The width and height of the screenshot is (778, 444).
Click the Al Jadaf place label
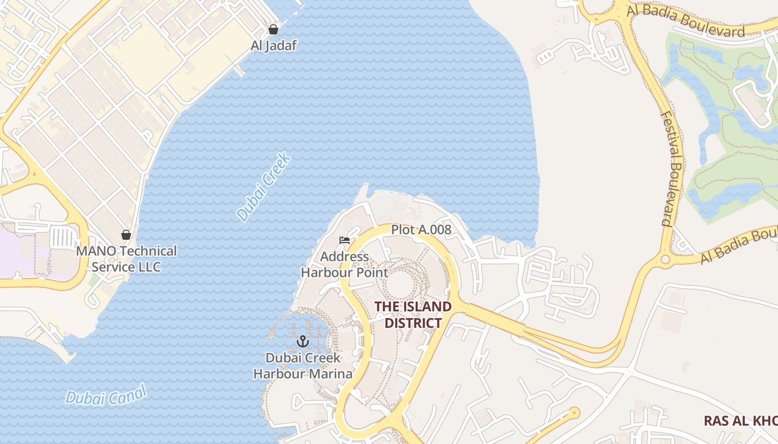273,46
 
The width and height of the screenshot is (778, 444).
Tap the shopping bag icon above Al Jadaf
273,29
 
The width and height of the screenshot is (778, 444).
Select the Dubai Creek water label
264,187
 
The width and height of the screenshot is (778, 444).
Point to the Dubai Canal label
106,395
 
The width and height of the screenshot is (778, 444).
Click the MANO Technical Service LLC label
126,259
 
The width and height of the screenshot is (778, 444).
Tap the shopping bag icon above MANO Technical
126,235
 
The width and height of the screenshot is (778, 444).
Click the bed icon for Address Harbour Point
345,240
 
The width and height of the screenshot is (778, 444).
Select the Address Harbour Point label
345,264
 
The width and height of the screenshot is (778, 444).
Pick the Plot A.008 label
421,229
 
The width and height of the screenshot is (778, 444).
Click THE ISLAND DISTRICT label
413,315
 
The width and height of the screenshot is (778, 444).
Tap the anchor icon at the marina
303,341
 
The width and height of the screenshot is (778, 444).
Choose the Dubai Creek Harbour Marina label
303,366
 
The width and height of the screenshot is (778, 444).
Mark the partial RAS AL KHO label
740,421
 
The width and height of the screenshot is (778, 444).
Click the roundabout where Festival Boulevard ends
665,259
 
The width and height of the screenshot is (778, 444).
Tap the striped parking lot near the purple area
63,238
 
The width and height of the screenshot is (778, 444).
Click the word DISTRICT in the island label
413,323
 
